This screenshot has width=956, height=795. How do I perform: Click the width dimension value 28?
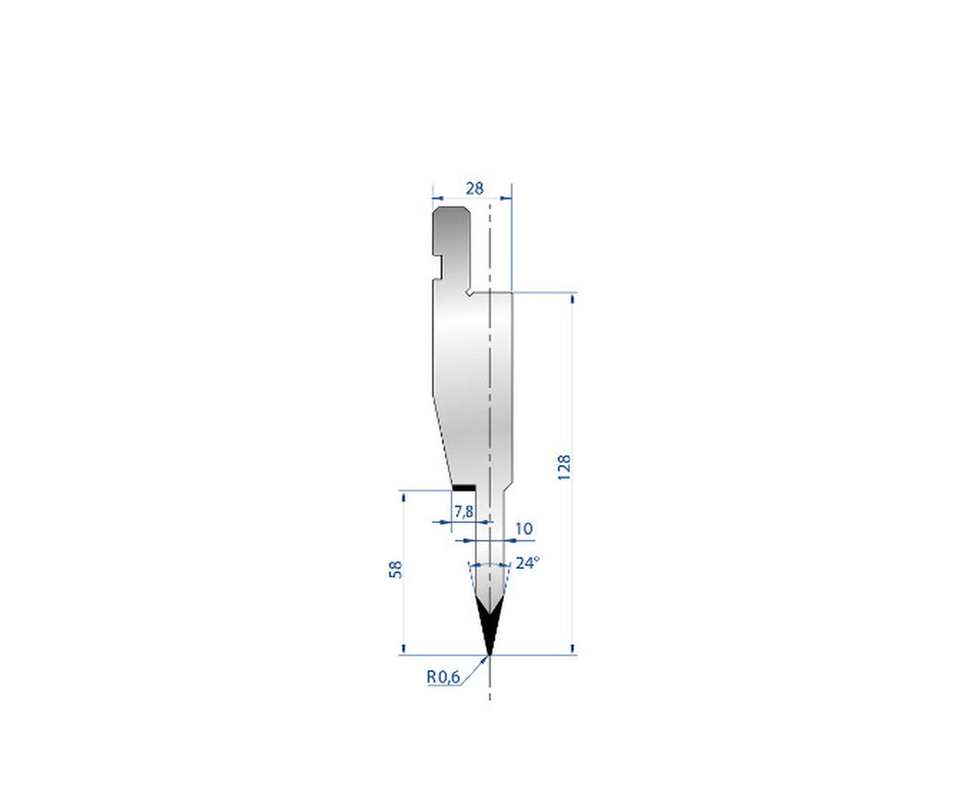point(474,188)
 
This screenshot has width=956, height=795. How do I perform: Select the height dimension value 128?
point(564,467)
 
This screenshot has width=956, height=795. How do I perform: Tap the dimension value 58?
point(396,569)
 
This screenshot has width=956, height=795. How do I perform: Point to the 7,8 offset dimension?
point(463,511)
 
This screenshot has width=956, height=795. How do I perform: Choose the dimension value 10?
point(524,529)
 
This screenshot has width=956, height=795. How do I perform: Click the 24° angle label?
point(527,563)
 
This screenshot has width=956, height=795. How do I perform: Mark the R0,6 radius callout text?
point(443,677)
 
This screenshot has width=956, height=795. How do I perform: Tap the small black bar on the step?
point(463,488)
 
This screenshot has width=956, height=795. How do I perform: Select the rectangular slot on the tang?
point(438,248)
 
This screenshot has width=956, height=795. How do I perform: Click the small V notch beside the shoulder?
point(469,292)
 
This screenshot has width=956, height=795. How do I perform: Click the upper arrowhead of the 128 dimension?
point(572,298)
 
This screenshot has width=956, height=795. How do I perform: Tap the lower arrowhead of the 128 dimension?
point(572,649)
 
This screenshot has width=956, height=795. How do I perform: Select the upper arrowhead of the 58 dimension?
point(403,496)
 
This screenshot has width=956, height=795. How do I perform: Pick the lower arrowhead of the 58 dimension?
point(403,649)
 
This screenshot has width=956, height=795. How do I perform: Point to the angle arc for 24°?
point(488,566)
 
